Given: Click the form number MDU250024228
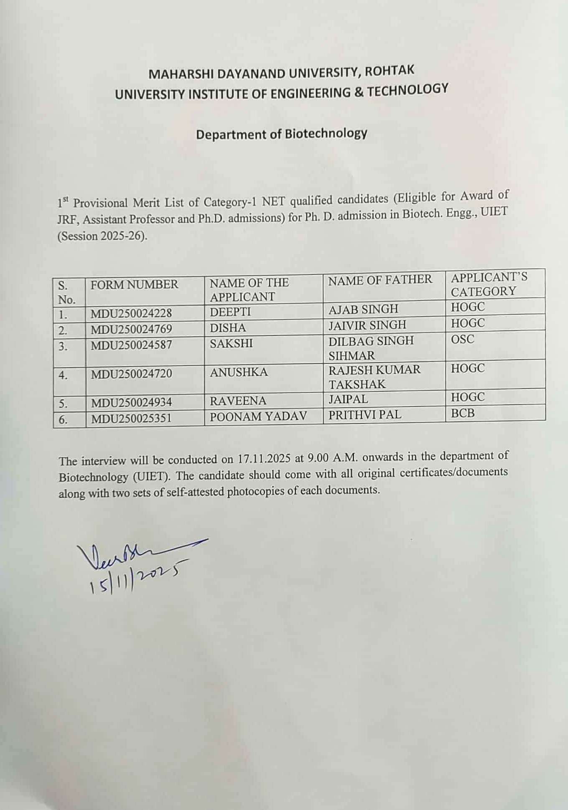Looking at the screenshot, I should tap(131, 313).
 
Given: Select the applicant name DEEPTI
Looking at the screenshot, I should tap(230, 312).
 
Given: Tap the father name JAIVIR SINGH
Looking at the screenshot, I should tap(367, 325).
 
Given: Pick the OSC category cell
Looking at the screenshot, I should tap(463, 339).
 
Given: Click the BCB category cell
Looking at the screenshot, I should tap(463, 413).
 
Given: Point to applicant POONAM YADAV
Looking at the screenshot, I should tap(258, 416).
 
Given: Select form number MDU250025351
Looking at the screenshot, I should tap(131, 418).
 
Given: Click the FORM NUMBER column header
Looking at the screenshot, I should tap(134, 285).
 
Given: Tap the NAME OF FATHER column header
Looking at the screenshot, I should tap(380, 280).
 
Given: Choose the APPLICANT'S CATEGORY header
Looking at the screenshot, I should tap(489, 284).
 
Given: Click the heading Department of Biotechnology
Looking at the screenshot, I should tap(282, 134).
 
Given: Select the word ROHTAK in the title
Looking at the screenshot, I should tap(390, 71).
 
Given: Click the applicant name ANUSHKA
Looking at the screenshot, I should tap(239, 372).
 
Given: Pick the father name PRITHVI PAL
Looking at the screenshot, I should tap(364, 414).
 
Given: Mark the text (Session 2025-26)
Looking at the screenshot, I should tap(102, 236).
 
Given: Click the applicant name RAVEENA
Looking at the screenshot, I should tap(238, 401).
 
